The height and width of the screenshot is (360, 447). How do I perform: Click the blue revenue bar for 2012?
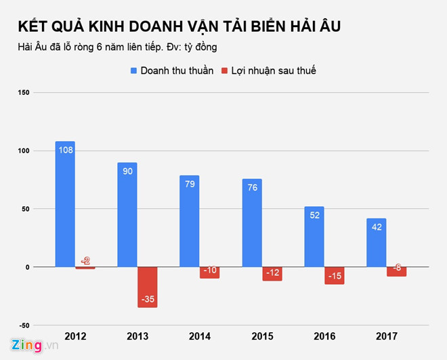65,203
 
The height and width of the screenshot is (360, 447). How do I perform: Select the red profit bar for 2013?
147,287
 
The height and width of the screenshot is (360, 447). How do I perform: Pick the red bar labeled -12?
272,273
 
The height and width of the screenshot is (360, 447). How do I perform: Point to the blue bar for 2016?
314,237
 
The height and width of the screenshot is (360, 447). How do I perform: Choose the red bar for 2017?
396,271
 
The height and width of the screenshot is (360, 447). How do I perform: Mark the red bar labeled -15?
334,275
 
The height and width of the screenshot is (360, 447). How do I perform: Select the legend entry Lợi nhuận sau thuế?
269,71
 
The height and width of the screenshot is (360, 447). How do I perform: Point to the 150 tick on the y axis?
22,92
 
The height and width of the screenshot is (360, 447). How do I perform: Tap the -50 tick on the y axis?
22,325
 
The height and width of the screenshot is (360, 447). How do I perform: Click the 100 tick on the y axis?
22,151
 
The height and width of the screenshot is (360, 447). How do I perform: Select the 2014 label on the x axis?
199,336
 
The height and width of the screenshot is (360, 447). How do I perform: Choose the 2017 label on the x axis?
386,336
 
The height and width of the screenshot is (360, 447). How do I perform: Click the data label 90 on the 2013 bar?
127,172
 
